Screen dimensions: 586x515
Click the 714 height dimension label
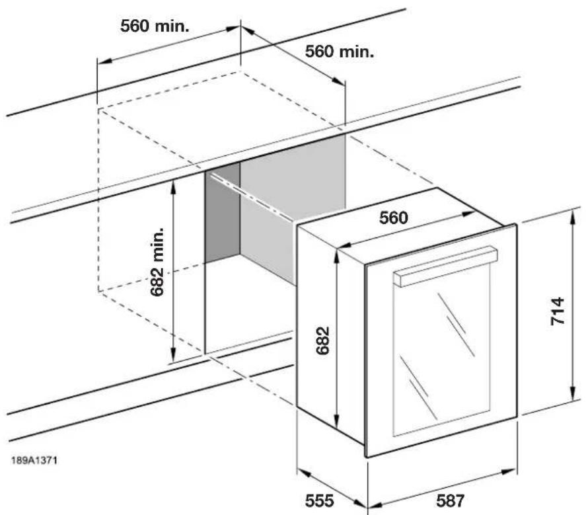pyautogui.click(x=557, y=311)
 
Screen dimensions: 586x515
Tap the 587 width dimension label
pyautogui.click(x=451, y=500)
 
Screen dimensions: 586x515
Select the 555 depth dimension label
pyautogui.click(x=320, y=500)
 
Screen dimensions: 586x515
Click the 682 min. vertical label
pyautogui.click(x=157, y=261)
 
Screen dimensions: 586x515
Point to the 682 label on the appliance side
pyautogui.click(x=322, y=340)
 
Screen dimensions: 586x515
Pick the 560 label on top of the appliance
pyautogui.click(x=394, y=218)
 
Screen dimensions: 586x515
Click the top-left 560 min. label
pyautogui.click(x=155, y=26)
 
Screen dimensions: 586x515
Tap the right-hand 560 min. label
pyautogui.click(x=340, y=52)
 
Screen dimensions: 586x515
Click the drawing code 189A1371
pyautogui.click(x=34, y=460)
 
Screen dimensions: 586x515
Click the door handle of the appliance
pyautogui.click(x=445, y=266)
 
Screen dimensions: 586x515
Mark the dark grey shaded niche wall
pyautogui.click(x=223, y=212)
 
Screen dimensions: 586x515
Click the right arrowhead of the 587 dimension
pyautogui.click(x=510, y=471)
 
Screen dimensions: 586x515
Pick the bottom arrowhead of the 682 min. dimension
pyautogui.click(x=172, y=354)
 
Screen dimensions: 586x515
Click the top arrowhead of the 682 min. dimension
pyautogui.click(x=172, y=188)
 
